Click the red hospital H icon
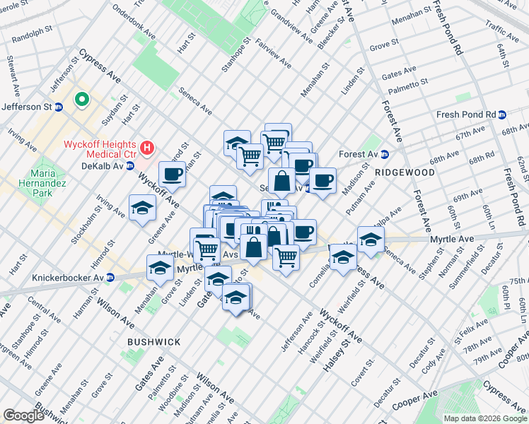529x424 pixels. [x=147, y=148]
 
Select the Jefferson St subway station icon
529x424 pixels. [x=59, y=107]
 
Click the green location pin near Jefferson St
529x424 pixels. [x=82, y=100]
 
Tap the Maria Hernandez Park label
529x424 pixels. [x=47, y=181]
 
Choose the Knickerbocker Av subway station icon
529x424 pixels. [x=111, y=277]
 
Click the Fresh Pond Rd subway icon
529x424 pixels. [x=502, y=114]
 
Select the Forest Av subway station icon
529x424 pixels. [x=385, y=155]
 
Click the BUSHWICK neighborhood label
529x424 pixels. [x=154, y=342]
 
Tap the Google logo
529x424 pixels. [x=24, y=416]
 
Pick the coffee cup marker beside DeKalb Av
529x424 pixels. [x=172, y=174]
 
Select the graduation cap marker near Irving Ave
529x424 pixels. [x=142, y=208]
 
